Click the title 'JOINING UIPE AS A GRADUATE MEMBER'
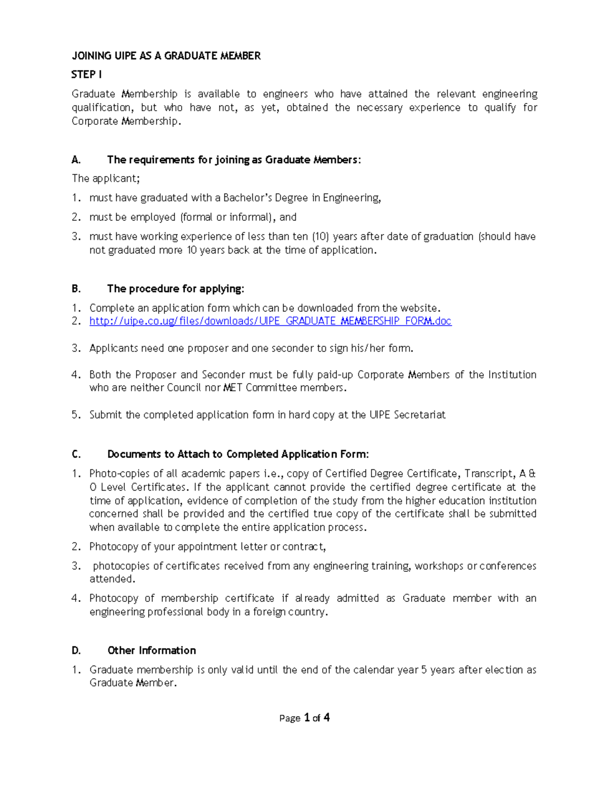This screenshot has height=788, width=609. pos(166,56)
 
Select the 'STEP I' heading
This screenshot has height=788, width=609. pos(86,75)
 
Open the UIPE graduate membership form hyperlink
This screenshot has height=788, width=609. pos(270,321)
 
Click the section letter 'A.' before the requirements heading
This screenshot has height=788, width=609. pos(76,160)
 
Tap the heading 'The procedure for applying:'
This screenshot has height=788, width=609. pos(176,289)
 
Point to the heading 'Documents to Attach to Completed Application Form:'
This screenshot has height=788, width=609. pos(238,454)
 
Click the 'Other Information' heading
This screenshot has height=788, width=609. pos(151,650)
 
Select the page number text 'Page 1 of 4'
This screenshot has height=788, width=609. pos(304,717)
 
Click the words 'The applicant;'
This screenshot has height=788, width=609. pos(106,179)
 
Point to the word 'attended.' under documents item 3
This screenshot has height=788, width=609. pos(112,579)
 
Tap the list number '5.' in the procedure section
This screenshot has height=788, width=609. pos(76,415)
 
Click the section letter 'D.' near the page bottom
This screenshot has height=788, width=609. pos(76,650)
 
